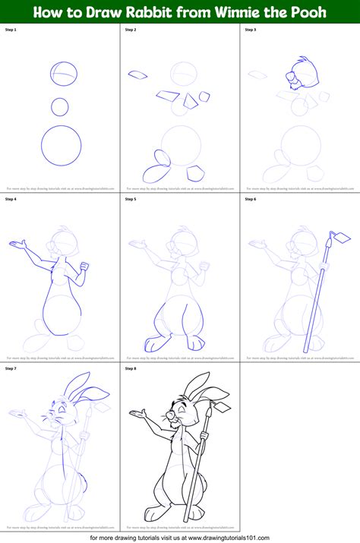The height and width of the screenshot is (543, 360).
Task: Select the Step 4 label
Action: point(11,199)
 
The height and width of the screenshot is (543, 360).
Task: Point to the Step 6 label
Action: point(251,199)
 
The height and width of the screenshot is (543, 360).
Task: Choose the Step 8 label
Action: point(131,368)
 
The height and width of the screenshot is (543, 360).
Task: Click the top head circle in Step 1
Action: point(65,75)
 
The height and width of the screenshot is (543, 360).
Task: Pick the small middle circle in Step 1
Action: point(61,105)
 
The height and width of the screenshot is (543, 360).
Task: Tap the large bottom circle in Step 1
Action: point(62,144)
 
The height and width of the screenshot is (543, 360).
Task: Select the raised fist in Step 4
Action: point(85,266)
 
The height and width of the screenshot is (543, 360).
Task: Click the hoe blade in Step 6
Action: point(335,238)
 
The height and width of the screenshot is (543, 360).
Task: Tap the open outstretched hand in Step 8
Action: point(138,415)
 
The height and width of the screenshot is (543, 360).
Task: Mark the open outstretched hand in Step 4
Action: point(17,245)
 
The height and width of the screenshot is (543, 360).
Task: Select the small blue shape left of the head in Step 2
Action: point(137,74)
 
